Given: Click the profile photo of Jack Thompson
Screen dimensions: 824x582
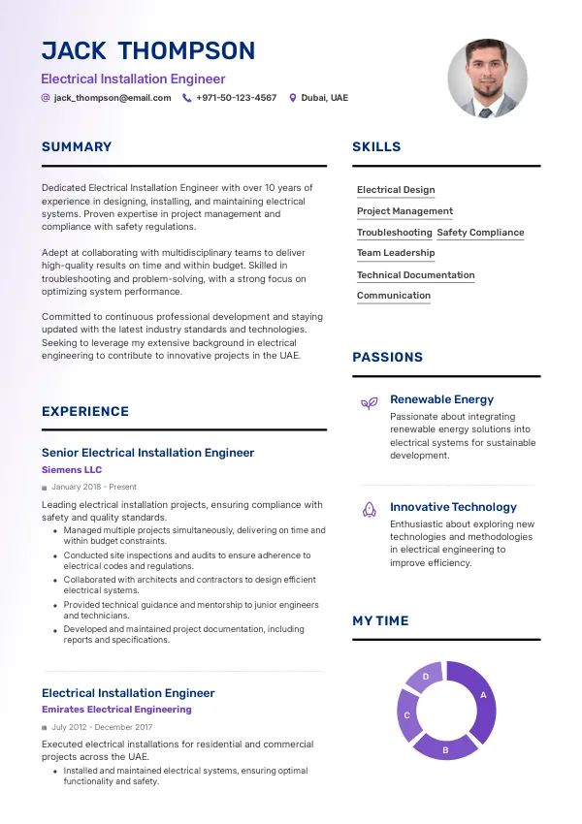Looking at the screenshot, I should [487, 79].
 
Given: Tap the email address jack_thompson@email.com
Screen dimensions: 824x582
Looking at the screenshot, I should [113, 98].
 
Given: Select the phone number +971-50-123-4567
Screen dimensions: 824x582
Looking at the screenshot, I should [236, 98].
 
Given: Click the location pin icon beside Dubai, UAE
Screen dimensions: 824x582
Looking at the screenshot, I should [293, 98].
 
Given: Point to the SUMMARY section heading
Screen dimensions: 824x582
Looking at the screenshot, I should [77, 147].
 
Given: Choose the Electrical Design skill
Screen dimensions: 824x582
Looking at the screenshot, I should [396, 190].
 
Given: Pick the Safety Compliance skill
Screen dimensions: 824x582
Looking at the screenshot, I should [480, 233].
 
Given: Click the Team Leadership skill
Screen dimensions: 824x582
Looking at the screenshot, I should [396, 253].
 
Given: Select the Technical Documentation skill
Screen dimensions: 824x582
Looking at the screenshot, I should [415, 275].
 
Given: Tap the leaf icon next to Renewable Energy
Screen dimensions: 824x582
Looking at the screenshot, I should [369, 403].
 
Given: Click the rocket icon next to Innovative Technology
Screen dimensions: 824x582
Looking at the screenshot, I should [369, 509].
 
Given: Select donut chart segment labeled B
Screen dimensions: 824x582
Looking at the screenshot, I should [445, 747].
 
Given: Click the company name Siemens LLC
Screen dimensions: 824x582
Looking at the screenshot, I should [72, 470].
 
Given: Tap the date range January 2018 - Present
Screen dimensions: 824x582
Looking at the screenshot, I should [94, 487].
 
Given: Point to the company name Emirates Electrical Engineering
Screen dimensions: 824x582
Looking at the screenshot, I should [116, 710].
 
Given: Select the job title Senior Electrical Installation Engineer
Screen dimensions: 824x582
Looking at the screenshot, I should [147, 453].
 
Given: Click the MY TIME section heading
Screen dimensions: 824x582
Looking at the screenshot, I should [380, 620].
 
